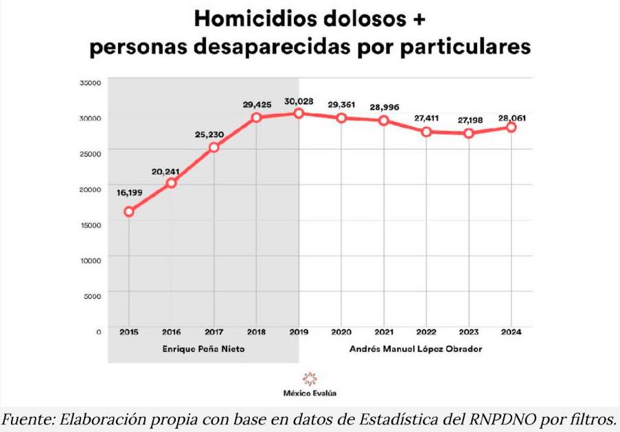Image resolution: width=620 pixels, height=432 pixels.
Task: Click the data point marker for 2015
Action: click(129, 211)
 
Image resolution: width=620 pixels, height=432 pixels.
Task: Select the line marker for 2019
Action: click(299, 113)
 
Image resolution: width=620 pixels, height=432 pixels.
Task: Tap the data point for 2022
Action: click(426, 132)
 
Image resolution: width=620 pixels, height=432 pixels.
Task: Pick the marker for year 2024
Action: click(512, 127)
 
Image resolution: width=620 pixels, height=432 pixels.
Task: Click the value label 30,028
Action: click(299, 101)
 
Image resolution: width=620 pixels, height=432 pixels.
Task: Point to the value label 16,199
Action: click(129, 193)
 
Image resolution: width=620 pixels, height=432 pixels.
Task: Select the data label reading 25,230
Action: click(214, 135)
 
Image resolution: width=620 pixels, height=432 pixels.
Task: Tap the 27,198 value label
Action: click(469, 120)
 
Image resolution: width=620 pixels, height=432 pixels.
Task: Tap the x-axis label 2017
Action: click(214, 332)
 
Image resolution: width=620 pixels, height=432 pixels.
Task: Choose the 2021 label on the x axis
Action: click(384, 332)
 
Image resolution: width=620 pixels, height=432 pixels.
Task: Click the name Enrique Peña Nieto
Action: click(203, 349)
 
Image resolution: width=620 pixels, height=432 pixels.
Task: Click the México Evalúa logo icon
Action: click(310, 379)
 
